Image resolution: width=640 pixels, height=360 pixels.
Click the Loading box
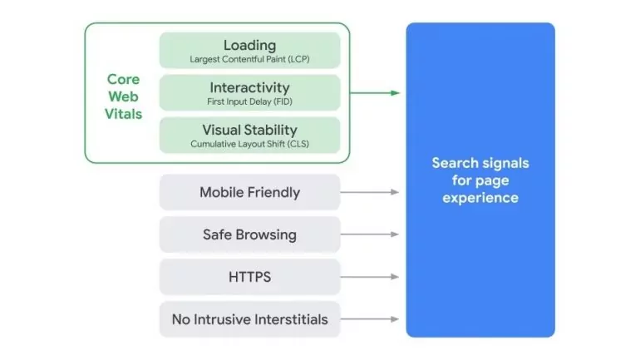[249, 50]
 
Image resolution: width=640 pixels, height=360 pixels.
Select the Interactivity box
[249, 92]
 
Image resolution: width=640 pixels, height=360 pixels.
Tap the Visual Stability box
[249, 135]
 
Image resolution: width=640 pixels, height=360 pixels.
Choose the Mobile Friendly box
[249, 192]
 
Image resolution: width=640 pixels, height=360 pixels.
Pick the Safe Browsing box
[249, 234]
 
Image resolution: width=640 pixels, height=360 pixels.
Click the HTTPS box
[249, 277]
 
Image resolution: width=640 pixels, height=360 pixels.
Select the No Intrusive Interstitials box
[249, 319]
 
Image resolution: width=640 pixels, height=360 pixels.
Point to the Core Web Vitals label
[124, 96]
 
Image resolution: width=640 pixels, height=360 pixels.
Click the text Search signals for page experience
[480, 180]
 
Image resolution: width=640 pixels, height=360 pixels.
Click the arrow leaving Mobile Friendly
[370, 192]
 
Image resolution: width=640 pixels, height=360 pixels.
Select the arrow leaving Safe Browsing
[370, 234]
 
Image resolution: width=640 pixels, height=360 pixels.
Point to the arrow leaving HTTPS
[370, 277]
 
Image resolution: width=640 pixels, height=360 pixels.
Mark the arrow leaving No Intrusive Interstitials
[370, 319]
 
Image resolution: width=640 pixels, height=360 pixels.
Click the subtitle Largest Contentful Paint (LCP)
[249, 59]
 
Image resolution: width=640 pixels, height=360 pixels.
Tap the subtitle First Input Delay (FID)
[249, 101]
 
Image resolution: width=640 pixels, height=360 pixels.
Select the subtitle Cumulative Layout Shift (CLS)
[249, 144]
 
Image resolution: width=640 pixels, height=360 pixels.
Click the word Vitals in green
[124, 114]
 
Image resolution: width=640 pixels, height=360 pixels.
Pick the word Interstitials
[289, 319]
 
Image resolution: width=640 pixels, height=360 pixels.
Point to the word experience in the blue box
[480, 198]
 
